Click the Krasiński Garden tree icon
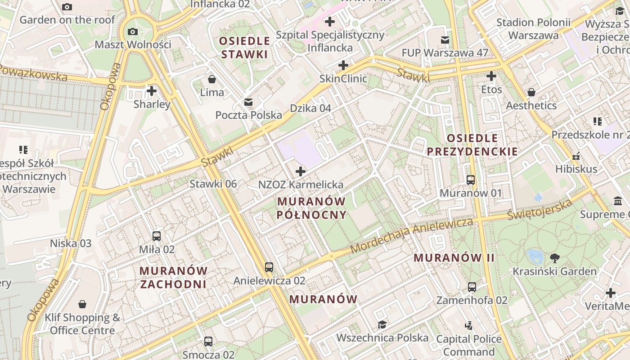click(x=555, y=258)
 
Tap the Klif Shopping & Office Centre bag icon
click(x=82, y=305)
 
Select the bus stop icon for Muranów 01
click(x=471, y=180)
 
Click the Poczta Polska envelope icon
click(x=248, y=102)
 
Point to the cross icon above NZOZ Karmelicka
click(x=301, y=171)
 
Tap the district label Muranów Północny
click(x=311, y=208)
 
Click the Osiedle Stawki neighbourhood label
click(x=244, y=48)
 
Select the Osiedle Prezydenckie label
click(x=472, y=144)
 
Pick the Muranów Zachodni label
click(x=173, y=277)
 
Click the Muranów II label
click(x=454, y=258)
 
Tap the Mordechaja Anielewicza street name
click(x=411, y=235)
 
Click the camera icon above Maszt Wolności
click(x=133, y=31)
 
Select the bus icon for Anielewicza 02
click(x=269, y=267)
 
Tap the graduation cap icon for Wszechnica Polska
click(x=382, y=324)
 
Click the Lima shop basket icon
click(x=212, y=79)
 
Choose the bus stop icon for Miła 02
click(x=157, y=236)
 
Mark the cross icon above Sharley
click(x=152, y=91)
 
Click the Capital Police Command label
click(x=469, y=345)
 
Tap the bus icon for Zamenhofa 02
click(x=472, y=287)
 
